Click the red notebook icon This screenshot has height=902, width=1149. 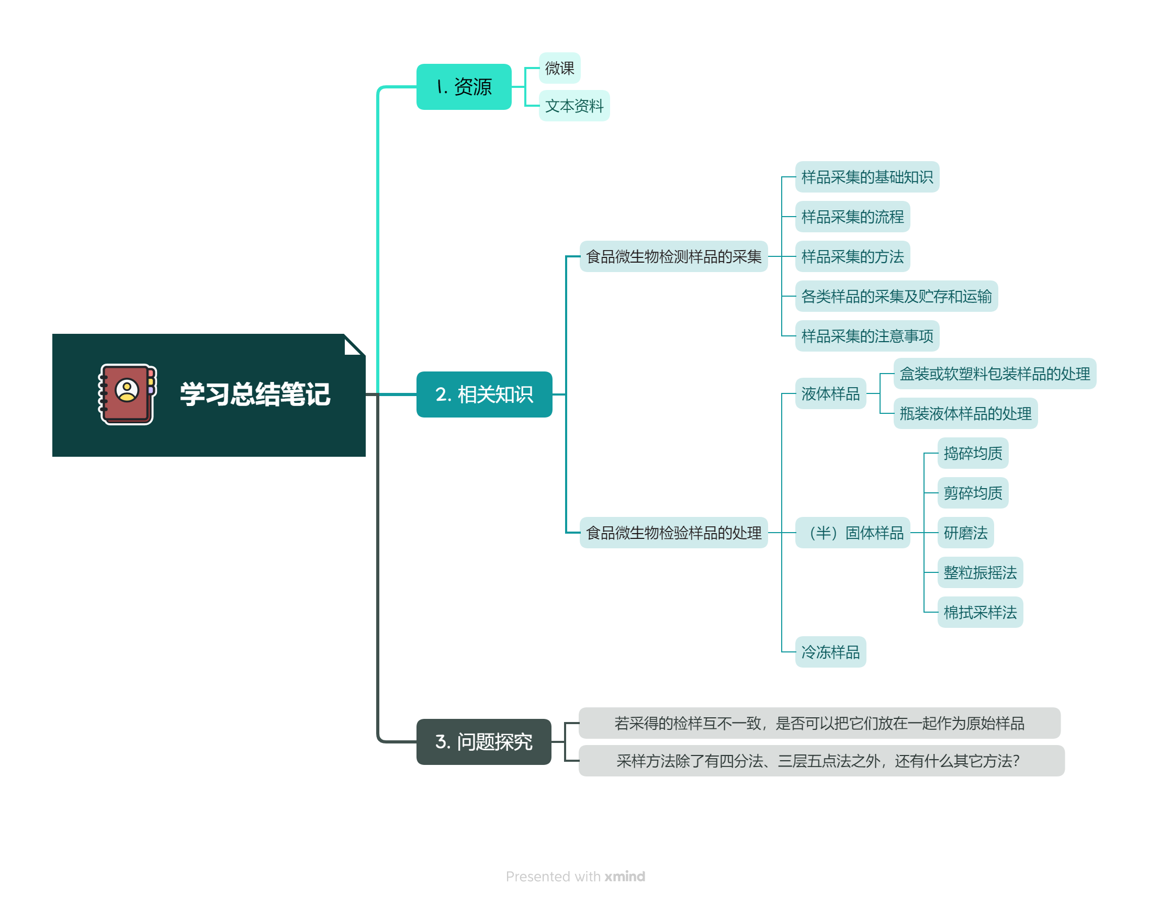tap(127, 394)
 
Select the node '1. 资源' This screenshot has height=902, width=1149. tap(464, 87)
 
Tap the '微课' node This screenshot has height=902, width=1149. tap(559, 68)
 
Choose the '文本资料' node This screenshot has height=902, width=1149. tap(574, 106)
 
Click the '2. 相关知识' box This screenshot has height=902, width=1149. tap(483, 394)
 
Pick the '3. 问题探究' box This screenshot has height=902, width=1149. tap(483, 741)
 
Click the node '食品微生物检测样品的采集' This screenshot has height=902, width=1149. tap(673, 257)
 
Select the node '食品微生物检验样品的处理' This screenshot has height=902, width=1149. tap(673, 533)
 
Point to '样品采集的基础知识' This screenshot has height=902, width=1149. tap(866, 177)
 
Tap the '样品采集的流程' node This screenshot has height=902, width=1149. tap(852, 217)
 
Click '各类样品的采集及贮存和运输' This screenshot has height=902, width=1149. tap(896, 296)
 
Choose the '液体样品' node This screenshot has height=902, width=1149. tap(830, 393)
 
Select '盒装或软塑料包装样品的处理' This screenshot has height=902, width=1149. tap(994, 374)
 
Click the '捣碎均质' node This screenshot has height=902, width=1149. tap(973, 453)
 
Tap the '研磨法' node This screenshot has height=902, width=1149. tap(965, 533)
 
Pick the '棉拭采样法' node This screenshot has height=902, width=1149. tap(980, 612)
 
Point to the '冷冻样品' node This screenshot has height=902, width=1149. tap(830, 652)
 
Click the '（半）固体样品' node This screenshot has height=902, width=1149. tap(852, 533)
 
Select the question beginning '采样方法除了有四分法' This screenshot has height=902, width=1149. tap(821, 760)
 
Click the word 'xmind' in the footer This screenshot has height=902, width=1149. tap(625, 876)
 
